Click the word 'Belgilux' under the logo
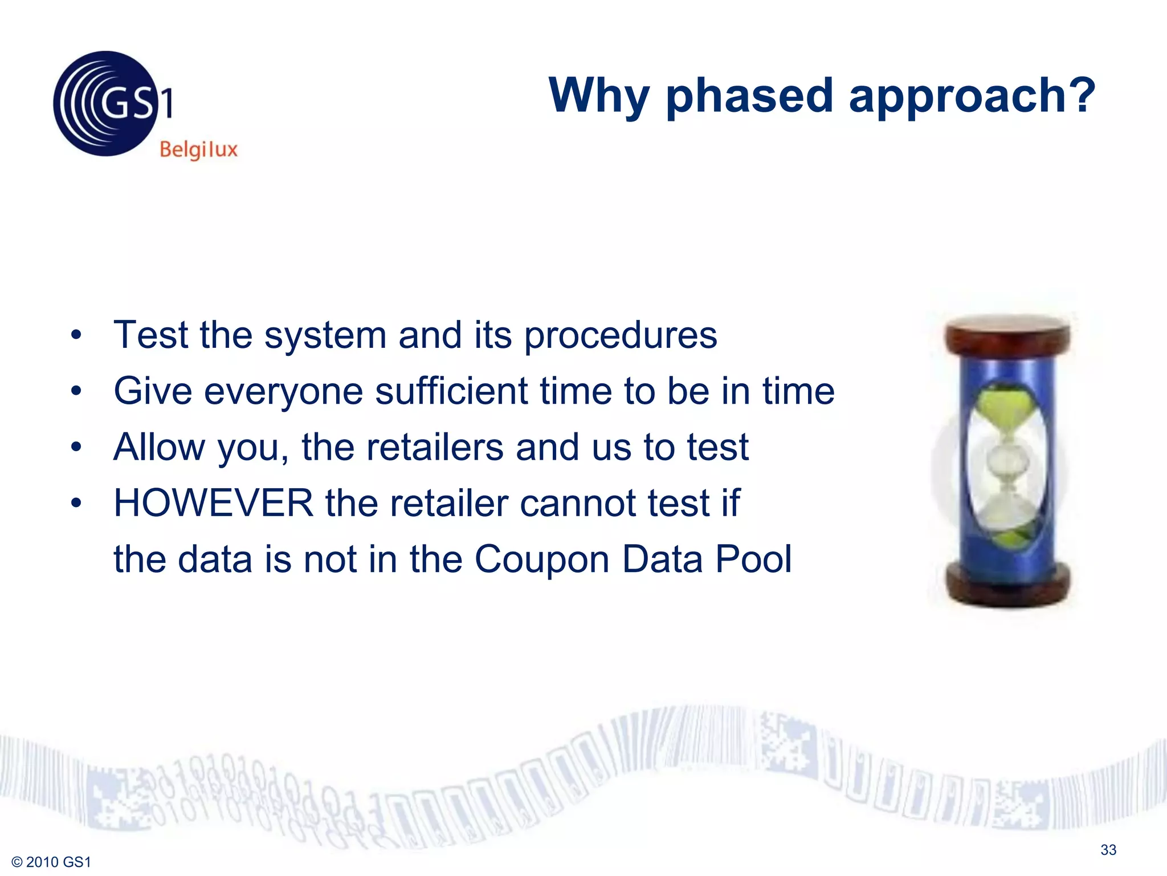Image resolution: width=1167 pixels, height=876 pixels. tap(198, 150)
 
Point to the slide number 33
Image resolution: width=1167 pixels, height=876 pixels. tap(1108, 850)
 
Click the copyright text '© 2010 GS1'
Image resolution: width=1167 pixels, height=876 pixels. tap(51, 862)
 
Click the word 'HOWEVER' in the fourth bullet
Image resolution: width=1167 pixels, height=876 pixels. tap(213, 503)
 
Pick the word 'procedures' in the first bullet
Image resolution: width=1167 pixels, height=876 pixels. tap(620, 335)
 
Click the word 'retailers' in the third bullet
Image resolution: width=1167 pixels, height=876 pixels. tap(435, 447)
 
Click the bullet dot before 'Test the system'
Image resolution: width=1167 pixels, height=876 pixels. tap(76, 335)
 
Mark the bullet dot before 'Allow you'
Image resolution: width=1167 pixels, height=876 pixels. tap(76, 447)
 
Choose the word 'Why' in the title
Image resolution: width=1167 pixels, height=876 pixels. tap(599, 96)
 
